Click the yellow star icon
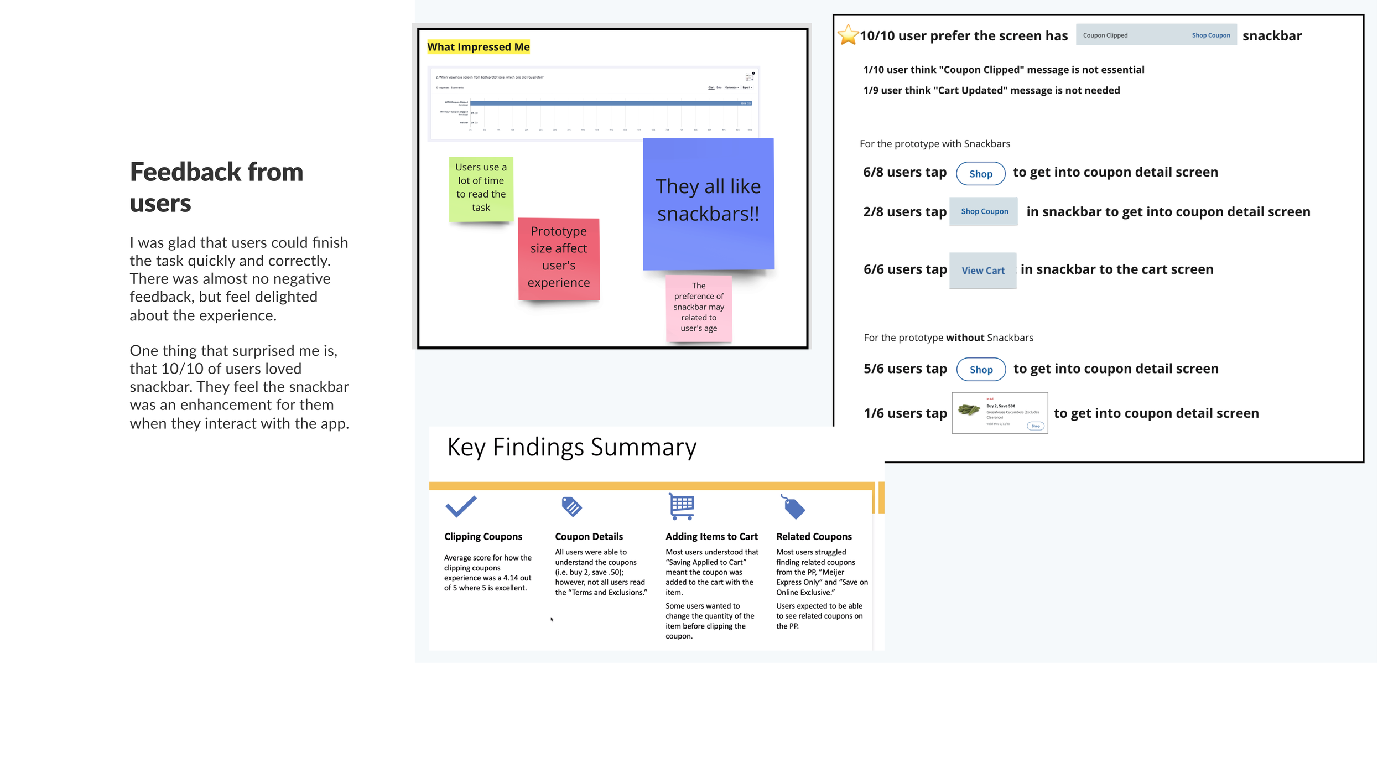[x=848, y=35]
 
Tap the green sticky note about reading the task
[x=481, y=188]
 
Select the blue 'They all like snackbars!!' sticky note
[x=708, y=203]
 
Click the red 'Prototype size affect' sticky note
[x=559, y=258]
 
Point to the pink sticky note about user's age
[x=699, y=307]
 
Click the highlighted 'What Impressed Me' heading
[x=479, y=47]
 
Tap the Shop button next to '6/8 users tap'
[x=980, y=174]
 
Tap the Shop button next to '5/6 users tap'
[x=981, y=370]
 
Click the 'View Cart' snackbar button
[x=982, y=271]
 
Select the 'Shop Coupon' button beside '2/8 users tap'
[x=984, y=211]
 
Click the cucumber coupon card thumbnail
[x=999, y=413]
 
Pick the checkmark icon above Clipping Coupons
[x=460, y=506]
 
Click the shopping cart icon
[x=681, y=506]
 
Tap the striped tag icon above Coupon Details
[x=571, y=506]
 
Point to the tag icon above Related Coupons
[x=793, y=507]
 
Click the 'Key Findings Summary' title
[x=571, y=447]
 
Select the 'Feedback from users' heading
[x=216, y=187]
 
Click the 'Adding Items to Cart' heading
[x=711, y=537]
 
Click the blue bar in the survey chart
[x=609, y=103]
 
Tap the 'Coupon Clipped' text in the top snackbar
[x=1105, y=35]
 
